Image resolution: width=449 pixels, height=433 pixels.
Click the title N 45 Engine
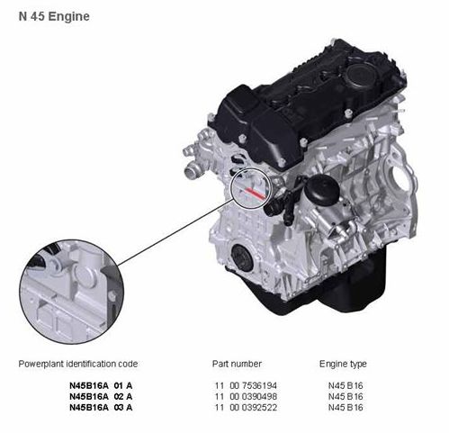coord(54,16)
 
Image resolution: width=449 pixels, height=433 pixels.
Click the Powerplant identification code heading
coord(78,364)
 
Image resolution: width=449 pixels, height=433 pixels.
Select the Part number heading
coord(237,364)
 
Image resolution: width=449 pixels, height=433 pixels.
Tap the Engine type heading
coord(343,364)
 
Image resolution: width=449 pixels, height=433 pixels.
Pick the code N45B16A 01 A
coord(101,385)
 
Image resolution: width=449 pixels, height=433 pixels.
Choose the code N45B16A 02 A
coord(101,397)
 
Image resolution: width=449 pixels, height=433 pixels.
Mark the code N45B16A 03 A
coord(101,408)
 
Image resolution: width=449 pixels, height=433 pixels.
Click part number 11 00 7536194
coord(246,385)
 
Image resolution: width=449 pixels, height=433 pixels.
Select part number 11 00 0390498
coord(246,397)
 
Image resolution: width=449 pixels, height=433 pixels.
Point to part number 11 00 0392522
coord(246,408)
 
